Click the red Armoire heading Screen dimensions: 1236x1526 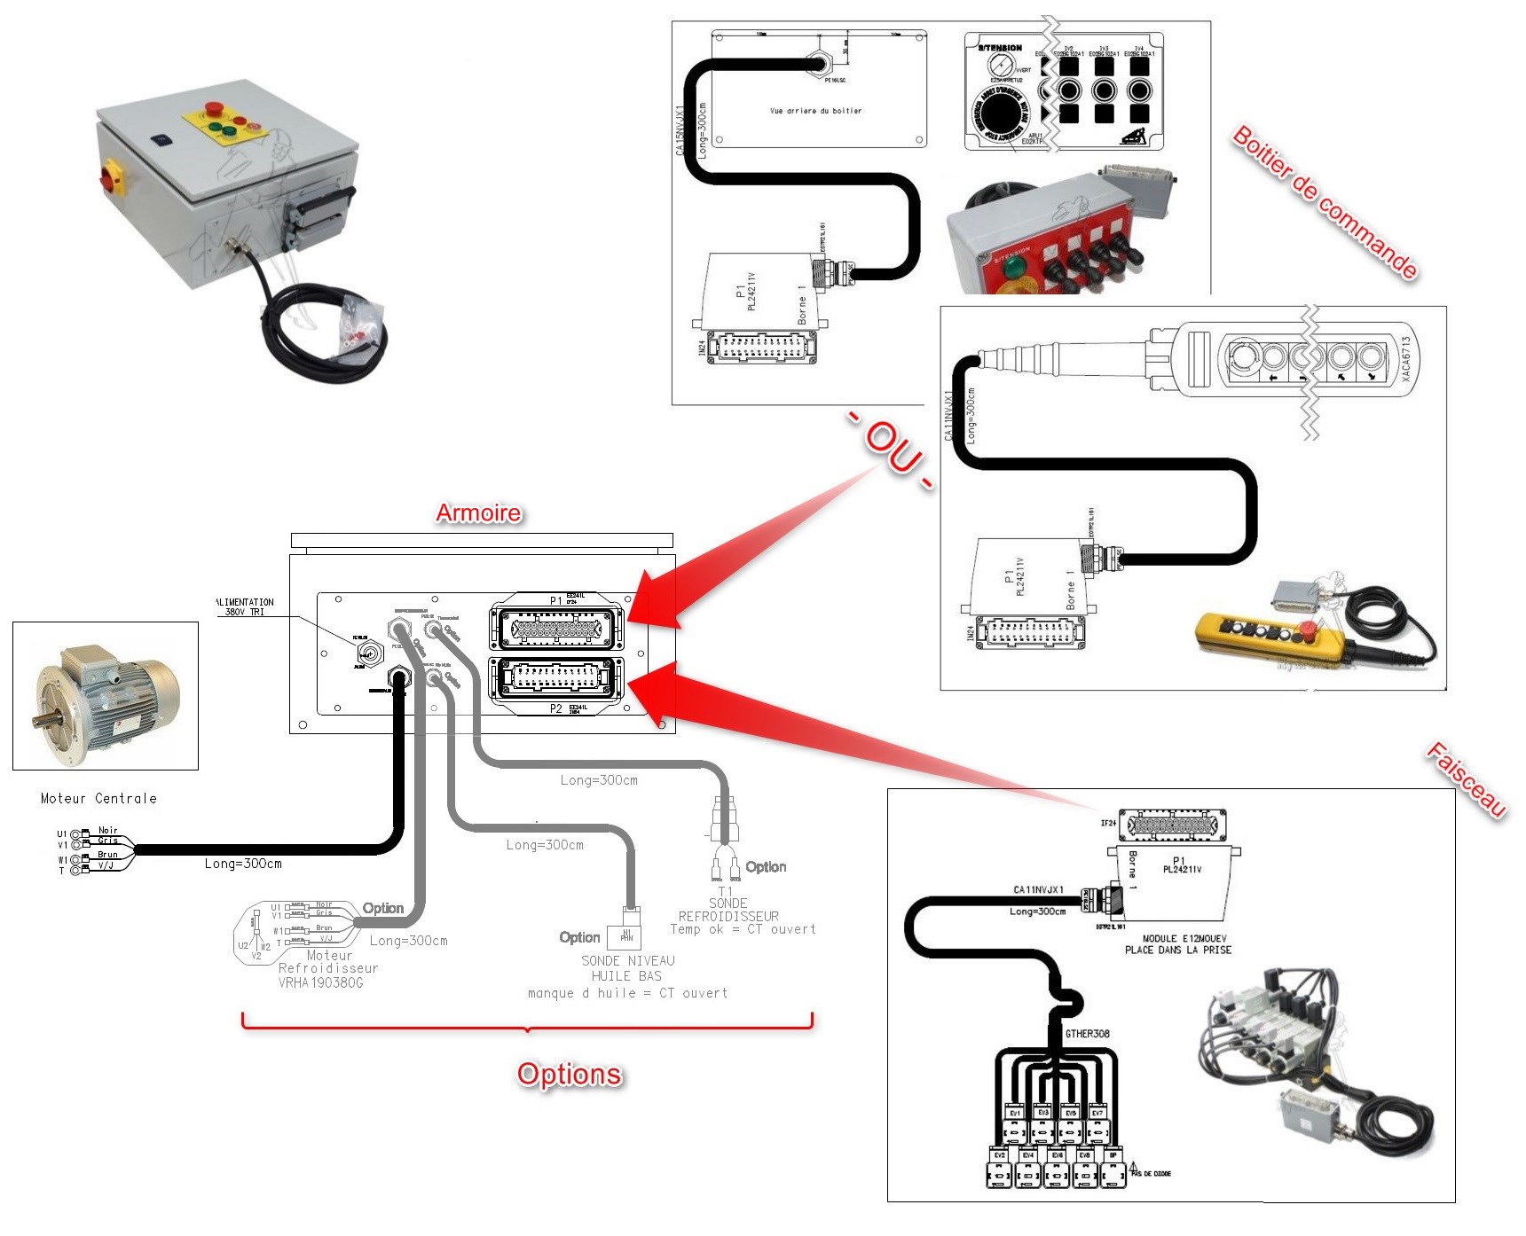(478, 512)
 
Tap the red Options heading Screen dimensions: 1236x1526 (570, 1074)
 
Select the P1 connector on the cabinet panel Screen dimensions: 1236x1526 (556, 628)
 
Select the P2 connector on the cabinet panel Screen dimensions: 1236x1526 (556, 678)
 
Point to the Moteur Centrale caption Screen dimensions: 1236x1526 (98, 798)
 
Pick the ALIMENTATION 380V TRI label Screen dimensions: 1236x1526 (245, 606)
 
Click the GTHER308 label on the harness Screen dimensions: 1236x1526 (1087, 1033)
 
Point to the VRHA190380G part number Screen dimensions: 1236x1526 (320, 982)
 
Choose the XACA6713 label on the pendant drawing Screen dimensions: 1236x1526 (1406, 358)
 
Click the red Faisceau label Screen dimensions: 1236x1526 (1466, 779)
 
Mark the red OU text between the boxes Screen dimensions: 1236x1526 (891, 450)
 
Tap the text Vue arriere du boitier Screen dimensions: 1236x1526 (815, 111)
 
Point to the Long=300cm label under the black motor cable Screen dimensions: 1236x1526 (243, 863)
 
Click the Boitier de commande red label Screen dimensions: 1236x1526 (1325, 203)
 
